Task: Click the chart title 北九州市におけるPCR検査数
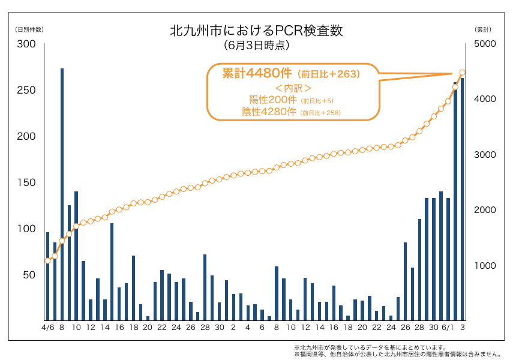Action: (256, 31)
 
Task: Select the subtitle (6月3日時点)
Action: (256, 45)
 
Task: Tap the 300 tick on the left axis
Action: (27, 44)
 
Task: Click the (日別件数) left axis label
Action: (29, 29)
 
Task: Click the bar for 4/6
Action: (47, 276)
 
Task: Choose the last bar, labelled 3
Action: (462, 199)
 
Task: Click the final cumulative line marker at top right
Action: (462, 73)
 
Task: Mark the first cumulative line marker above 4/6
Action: (47, 260)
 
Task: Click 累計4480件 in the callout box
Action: (257, 74)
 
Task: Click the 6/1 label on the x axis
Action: (447, 328)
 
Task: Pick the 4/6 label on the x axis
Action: (47, 328)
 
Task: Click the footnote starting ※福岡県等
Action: (397, 354)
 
